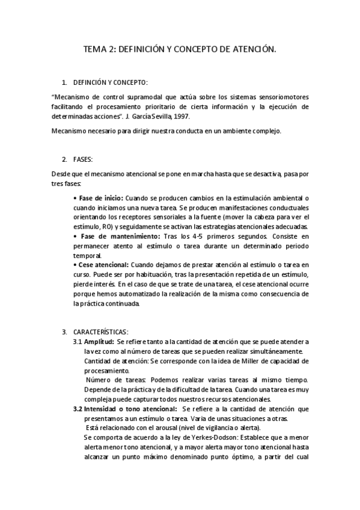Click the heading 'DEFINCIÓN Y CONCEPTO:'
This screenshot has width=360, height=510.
110,82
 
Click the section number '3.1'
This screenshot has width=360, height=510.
78,342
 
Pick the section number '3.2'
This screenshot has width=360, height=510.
78,408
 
